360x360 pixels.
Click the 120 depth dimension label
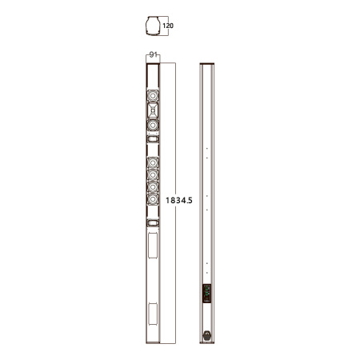click(168, 26)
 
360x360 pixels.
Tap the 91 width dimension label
click(153, 54)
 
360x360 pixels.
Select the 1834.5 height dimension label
click(179, 200)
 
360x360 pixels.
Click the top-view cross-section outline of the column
click(153, 26)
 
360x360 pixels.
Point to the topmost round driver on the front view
click(153, 95)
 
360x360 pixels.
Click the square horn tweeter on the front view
click(153, 110)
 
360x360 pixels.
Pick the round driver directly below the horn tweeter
click(153, 125)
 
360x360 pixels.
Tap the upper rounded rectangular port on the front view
click(153, 139)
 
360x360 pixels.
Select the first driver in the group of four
click(153, 162)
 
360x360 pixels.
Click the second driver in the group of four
click(153, 175)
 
